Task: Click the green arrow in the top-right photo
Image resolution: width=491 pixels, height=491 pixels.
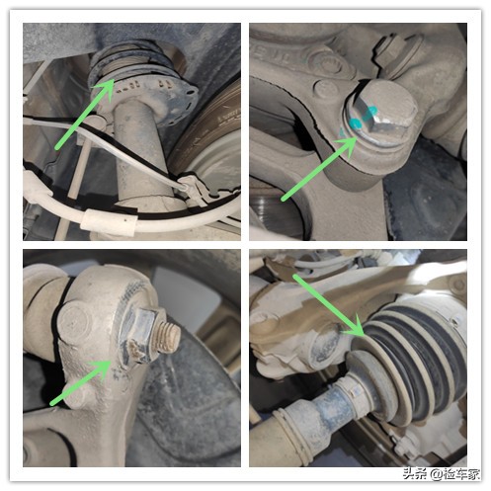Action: click(319, 169)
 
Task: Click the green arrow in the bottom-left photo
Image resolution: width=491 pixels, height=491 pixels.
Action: click(80, 382)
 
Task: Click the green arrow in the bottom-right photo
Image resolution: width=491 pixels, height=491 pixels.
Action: click(329, 305)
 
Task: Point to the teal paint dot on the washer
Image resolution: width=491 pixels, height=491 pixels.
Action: click(356, 123)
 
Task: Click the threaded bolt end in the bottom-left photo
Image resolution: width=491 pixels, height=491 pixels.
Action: click(168, 337)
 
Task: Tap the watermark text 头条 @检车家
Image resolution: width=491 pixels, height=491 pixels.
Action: click(441, 474)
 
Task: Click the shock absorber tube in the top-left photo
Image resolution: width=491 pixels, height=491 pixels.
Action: click(138, 148)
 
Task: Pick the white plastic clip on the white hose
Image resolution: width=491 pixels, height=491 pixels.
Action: click(108, 221)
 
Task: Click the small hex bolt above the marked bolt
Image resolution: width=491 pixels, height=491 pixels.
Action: click(396, 51)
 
